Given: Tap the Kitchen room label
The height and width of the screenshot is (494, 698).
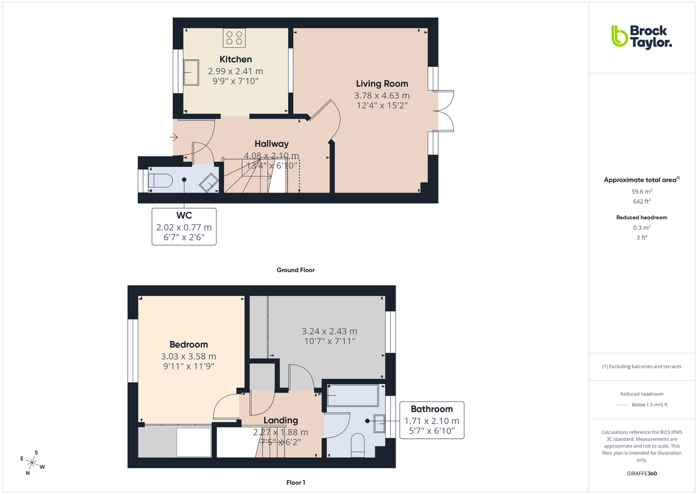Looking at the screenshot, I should coord(236,59).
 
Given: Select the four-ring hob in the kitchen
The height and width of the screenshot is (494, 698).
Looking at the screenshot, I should coord(235,38).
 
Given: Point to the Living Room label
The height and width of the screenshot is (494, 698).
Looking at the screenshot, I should coord(382,84).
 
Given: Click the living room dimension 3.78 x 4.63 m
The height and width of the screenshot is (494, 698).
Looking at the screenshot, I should coord(382,95).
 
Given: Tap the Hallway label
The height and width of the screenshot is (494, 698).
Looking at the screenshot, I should coord(271,144).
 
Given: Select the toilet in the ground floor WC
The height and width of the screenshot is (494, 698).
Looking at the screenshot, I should coord(159,181).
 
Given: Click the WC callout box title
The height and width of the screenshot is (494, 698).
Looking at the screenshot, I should coord(184,216).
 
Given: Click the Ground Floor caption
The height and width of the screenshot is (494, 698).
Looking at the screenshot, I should coord(296,270).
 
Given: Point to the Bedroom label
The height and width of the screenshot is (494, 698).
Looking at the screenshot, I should coord(188,344).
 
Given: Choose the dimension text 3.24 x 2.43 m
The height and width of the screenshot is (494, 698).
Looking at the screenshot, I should coord(329,331).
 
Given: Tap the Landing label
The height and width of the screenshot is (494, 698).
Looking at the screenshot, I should coord(280,420).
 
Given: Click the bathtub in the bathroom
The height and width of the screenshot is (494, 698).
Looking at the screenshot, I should coord(352,396).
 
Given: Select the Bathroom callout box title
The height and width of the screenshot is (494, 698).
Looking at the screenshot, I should coord(432,409).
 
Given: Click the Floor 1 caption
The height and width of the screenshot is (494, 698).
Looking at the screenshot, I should coord(295,482).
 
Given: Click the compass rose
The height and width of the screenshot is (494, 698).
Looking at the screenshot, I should coord(33,463).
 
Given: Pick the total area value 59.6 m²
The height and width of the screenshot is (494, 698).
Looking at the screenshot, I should coord(641,190).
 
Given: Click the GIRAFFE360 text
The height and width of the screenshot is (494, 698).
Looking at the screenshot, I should coord(641,474).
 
